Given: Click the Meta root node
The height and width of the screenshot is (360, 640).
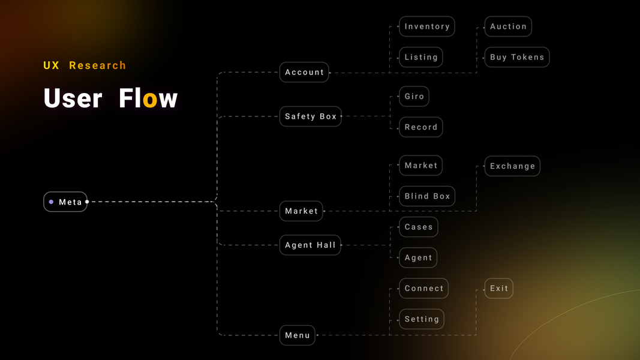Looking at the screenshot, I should (65, 202).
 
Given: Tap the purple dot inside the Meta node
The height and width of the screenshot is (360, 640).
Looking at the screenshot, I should (52, 202).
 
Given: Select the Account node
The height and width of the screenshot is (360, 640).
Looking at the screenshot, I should (304, 72).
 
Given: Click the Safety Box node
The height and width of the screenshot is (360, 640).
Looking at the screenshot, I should (311, 116).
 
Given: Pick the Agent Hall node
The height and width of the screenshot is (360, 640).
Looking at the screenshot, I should (310, 245).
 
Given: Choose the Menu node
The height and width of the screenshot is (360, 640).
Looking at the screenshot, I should (298, 335).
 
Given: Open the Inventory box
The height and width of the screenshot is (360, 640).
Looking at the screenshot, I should (427, 26).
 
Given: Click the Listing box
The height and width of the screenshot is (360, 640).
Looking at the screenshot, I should (421, 57).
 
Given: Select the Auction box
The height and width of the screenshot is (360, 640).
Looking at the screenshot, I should (508, 26).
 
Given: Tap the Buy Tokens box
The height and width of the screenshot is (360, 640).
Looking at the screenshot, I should (517, 57).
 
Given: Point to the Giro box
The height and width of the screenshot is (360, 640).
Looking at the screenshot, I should (414, 96).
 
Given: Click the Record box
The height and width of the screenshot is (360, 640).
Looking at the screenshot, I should (421, 127).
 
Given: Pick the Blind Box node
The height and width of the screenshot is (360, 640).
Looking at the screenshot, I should (427, 196).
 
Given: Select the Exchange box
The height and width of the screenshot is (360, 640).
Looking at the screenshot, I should (512, 166).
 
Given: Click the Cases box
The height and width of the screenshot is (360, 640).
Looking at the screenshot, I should (419, 227).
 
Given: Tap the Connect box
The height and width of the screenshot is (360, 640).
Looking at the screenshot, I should (424, 289).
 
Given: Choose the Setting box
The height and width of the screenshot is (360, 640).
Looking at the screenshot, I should (422, 319).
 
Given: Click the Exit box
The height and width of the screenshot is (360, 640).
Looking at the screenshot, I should (499, 289).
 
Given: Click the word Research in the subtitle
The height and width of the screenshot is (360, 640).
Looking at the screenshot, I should (98, 65).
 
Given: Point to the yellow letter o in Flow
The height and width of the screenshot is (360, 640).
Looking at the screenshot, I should (150, 100).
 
